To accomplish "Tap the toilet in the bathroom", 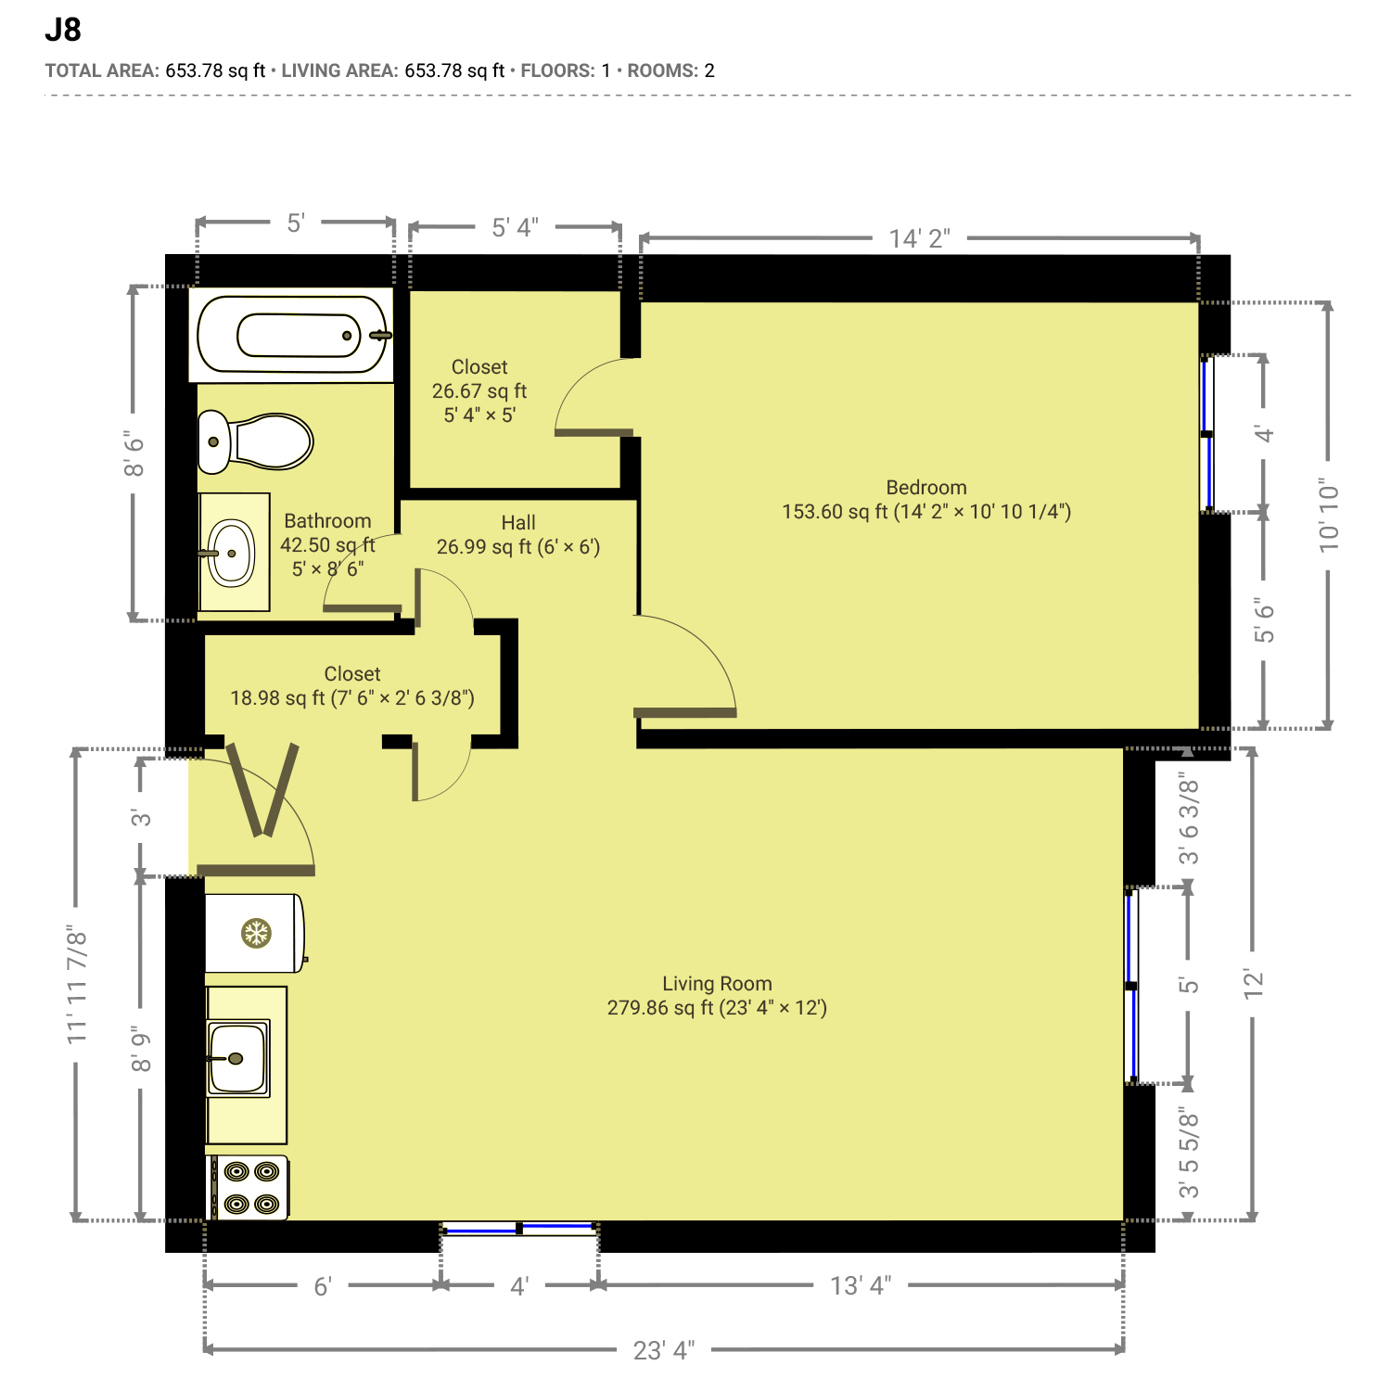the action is [x=256, y=442].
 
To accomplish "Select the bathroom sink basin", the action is [x=231, y=554].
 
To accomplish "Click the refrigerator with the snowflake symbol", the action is [x=256, y=933].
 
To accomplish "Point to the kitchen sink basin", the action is [x=238, y=1058].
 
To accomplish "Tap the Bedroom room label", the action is [x=926, y=488].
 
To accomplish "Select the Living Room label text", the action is [x=717, y=984].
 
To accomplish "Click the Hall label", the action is [x=518, y=523].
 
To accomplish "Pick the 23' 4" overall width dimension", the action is [x=664, y=1350].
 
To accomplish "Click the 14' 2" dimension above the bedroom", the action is [x=919, y=238].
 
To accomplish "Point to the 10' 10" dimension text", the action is [x=1329, y=517].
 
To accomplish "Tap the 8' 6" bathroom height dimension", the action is [x=134, y=454].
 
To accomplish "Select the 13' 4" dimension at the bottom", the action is [x=861, y=1285].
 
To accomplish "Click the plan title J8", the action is [x=63, y=31].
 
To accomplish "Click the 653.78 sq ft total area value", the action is [x=215, y=70].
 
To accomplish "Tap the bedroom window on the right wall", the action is [x=1207, y=433].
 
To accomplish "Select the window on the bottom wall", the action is [x=519, y=1228].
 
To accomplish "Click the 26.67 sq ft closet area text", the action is [x=479, y=391].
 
